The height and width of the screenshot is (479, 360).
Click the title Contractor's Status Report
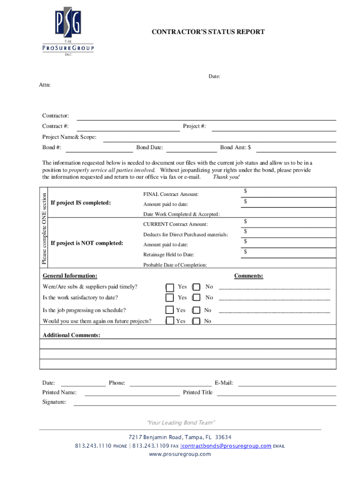(208, 32)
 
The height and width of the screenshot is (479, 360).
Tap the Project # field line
(274, 127)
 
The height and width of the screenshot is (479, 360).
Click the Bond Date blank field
(191, 148)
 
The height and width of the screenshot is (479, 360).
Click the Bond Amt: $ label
(235, 148)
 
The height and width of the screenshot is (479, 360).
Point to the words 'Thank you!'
(226, 177)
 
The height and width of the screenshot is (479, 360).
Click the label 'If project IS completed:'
(81, 203)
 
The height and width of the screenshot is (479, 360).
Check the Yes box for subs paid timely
(170, 287)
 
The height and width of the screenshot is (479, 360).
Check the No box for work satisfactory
(196, 298)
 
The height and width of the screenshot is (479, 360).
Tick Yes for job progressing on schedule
(170, 310)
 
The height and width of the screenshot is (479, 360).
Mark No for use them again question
(196, 321)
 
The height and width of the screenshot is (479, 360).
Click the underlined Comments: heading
(248, 276)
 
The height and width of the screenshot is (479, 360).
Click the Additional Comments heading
(72, 335)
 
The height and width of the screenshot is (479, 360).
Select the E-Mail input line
(287, 383)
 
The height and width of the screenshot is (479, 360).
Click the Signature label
(54, 402)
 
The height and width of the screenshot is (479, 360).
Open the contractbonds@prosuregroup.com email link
(226, 446)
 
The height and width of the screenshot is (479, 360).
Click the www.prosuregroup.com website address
(180, 454)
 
